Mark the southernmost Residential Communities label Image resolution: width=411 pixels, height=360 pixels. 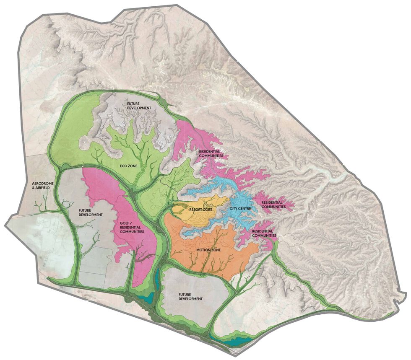pos(262,233)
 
